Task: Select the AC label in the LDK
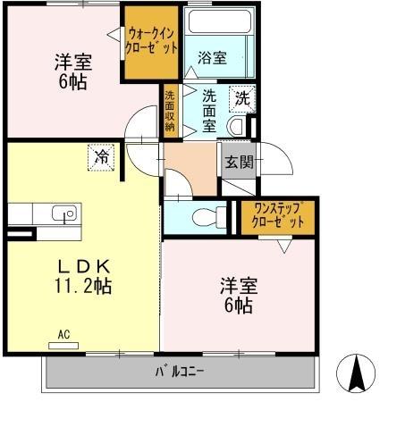point(63,335)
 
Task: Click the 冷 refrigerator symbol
point(100,157)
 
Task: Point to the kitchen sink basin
point(63,213)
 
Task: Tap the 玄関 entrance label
point(238,162)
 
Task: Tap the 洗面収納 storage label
point(170,112)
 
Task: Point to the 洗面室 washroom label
point(209,110)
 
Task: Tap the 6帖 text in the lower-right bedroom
point(239,306)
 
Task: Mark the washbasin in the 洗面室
point(237,125)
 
